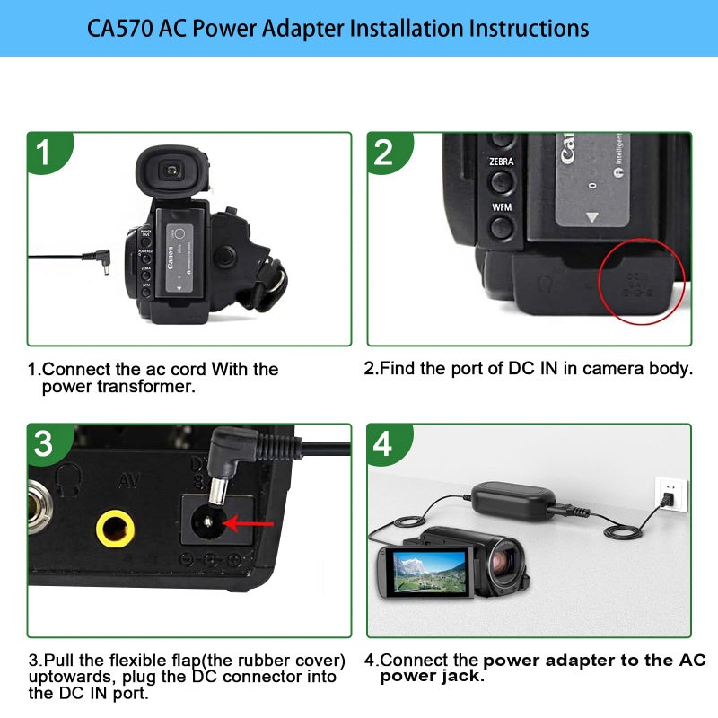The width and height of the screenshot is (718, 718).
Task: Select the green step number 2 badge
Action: tap(384, 152)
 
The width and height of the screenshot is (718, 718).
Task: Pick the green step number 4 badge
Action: tap(384, 443)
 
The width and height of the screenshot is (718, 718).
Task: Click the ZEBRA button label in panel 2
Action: tap(502, 162)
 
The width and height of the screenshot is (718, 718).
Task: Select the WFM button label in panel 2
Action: tap(502, 207)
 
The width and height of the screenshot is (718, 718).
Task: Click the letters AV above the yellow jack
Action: tap(127, 481)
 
